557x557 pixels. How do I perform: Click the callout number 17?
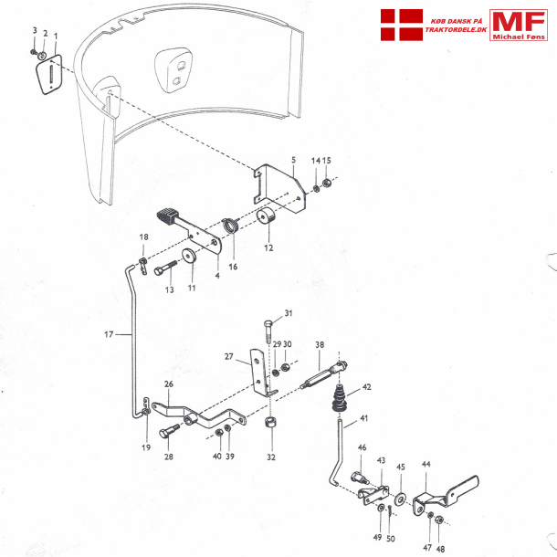click(109, 335)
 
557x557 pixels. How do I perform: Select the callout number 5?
click(293, 160)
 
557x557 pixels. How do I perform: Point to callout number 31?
click(288, 313)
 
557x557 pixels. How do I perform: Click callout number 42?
click(367, 386)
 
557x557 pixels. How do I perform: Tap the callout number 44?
click(426, 464)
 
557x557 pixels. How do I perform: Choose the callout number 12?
click(268, 247)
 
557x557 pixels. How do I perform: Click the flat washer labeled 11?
click(190, 257)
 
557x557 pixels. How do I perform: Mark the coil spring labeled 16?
click(232, 225)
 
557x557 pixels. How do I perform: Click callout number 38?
click(320, 344)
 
